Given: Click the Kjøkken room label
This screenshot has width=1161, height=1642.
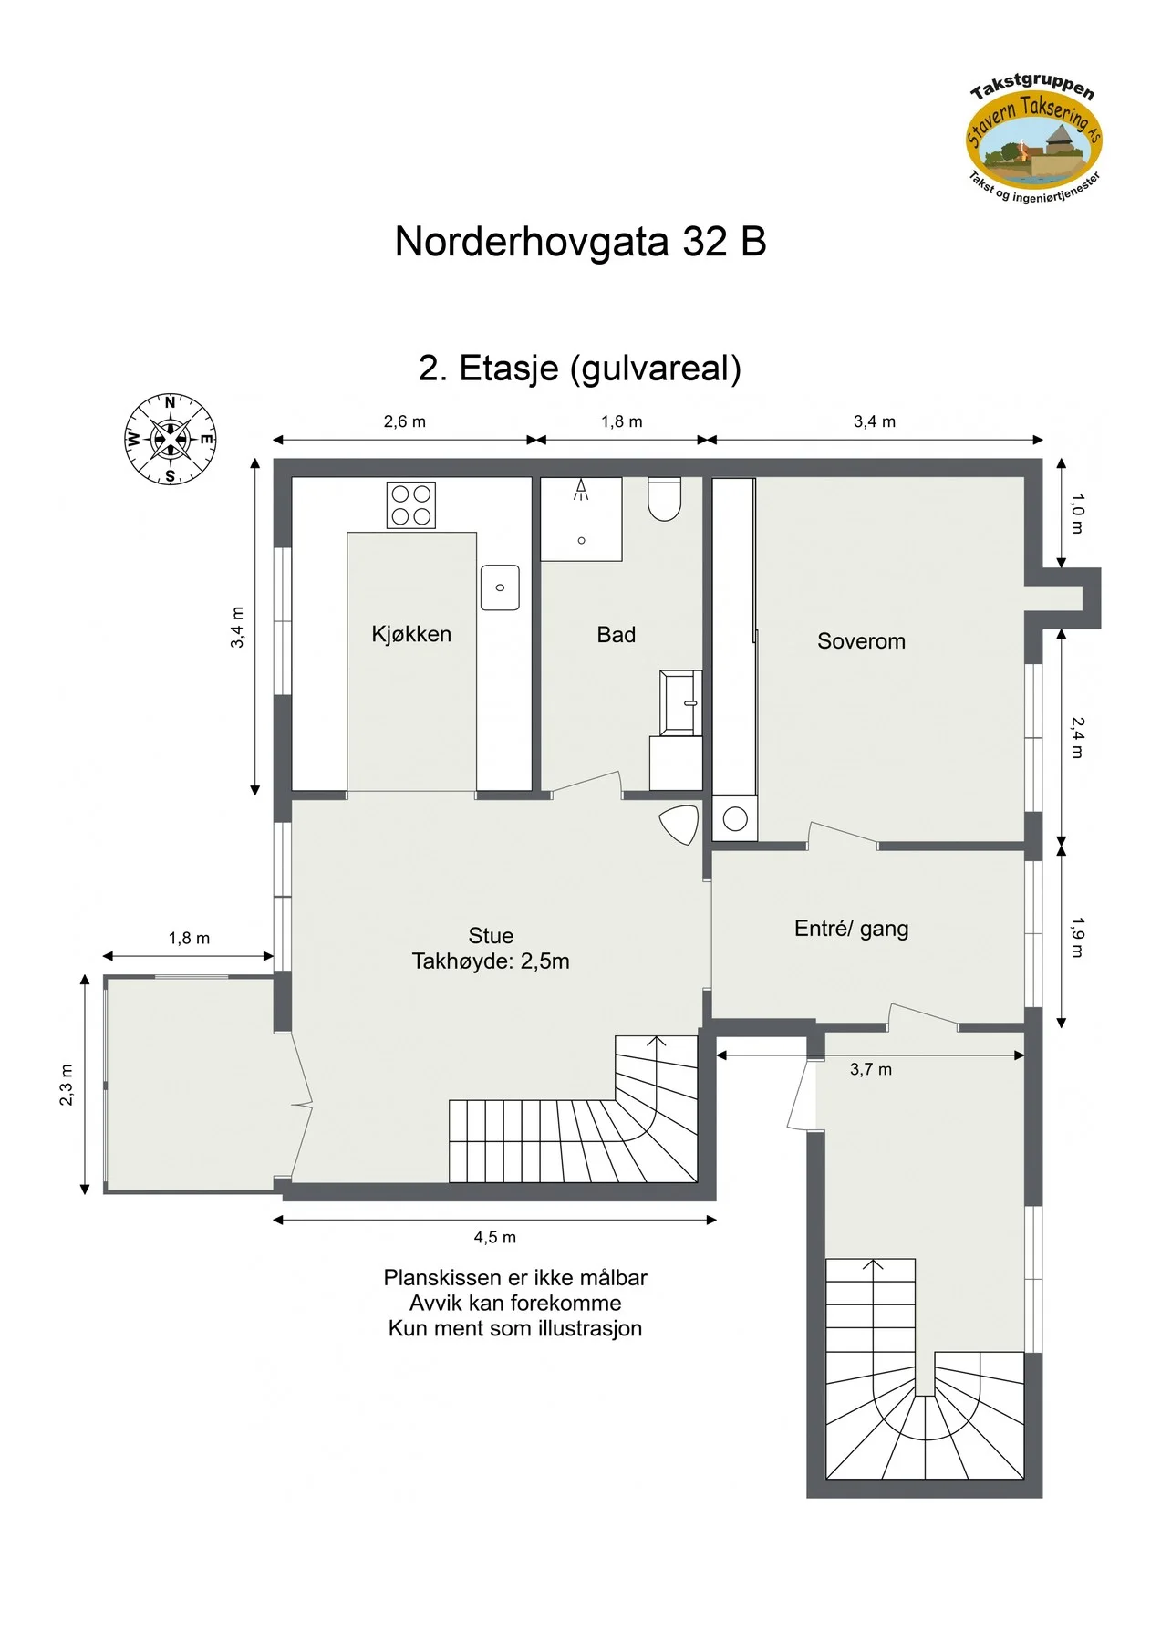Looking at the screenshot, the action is click(411, 634).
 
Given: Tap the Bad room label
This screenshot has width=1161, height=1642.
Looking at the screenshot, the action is click(617, 635).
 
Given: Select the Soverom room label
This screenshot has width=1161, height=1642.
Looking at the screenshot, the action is click(861, 641).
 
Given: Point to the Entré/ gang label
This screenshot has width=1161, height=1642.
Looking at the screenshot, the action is click(852, 929).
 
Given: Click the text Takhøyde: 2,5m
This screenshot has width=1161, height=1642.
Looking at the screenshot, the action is click(491, 961).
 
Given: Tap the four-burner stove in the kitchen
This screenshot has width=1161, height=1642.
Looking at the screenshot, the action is click(411, 505).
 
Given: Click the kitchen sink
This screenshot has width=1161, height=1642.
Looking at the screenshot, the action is click(500, 587).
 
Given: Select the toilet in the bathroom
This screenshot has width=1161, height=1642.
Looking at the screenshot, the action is click(665, 500).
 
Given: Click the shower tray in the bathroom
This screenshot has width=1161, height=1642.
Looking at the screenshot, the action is click(582, 519).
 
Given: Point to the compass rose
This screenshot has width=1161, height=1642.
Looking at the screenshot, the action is click(171, 439).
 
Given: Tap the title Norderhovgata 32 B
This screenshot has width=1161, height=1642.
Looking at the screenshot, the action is click(580, 242).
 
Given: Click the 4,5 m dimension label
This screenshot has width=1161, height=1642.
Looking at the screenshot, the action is click(495, 1238).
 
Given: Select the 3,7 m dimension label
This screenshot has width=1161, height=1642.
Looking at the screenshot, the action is click(871, 1070).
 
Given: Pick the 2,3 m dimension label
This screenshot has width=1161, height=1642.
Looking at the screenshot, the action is click(67, 1085).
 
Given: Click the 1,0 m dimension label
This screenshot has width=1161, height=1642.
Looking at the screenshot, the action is click(1077, 514).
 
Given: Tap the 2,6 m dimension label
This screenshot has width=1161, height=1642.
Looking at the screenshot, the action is click(405, 421).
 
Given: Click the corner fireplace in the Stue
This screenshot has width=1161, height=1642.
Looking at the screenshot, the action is click(680, 825).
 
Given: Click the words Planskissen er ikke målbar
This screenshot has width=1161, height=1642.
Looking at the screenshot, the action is click(515, 1277).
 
